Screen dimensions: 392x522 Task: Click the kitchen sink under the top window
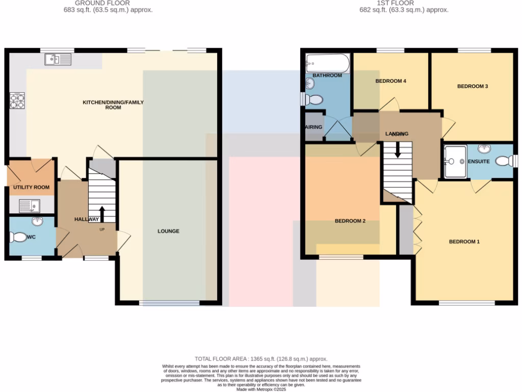(x=58, y=60)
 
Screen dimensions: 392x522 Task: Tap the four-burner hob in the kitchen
(x=17, y=100)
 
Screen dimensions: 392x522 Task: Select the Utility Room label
(x=32, y=187)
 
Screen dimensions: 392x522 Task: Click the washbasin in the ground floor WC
(x=37, y=222)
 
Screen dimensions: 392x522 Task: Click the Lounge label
(x=168, y=231)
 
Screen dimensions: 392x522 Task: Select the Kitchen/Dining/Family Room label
(x=113, y=105)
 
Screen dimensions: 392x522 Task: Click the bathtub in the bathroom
(x=327, y=64)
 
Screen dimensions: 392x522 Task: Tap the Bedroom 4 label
(x=390, y=81)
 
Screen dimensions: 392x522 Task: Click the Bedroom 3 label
(x=473, y=86)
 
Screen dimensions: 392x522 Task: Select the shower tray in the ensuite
(x=455, y=161)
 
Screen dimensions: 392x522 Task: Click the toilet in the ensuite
(x=504, y=161)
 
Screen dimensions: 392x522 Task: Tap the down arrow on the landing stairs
(x=398, y=150)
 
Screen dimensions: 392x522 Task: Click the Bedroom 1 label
(x=464, y=241)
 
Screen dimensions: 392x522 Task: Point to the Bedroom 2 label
(x=350, y=221)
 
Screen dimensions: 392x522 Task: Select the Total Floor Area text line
(x=261, y=359)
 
